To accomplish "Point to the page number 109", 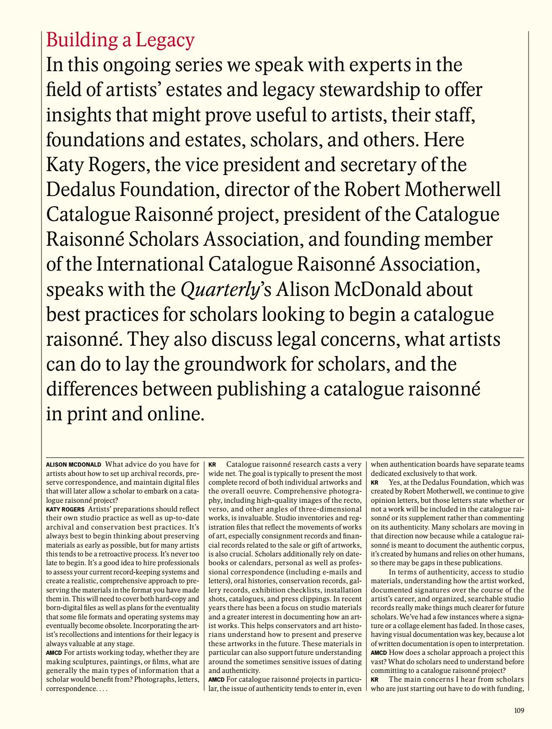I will pos(519,710).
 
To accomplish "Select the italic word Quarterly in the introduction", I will pos(219,290).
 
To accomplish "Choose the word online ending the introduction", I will pos(175,414).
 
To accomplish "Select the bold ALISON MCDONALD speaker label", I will pos(74,465).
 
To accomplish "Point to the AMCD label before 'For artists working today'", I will pos(53,652).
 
